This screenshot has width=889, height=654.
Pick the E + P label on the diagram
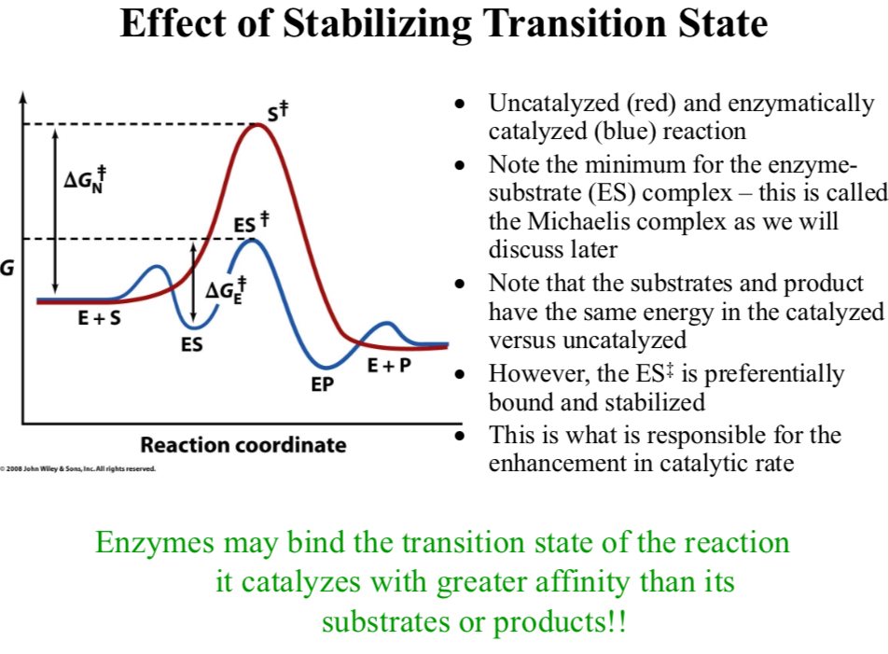coord(388,366)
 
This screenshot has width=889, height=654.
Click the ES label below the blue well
coord(192,344)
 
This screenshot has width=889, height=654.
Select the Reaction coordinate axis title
coord(243,445)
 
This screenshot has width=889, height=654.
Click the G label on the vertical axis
coord(7,269)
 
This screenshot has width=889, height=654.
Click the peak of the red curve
coord(258,125)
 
